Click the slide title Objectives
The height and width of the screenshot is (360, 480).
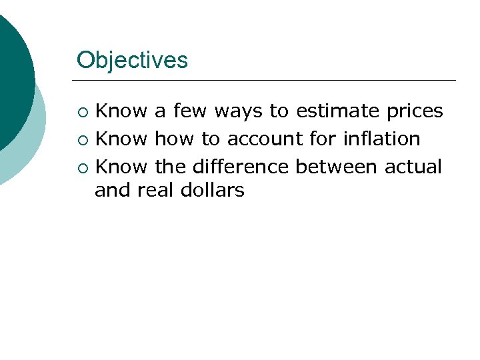[132, 61]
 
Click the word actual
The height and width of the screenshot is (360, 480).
[413, 167]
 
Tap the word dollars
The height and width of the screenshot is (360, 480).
[212, 191]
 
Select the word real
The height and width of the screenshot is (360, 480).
[155, 191]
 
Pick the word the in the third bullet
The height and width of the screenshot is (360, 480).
[171, 167]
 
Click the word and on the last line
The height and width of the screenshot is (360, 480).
[113, 191]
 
